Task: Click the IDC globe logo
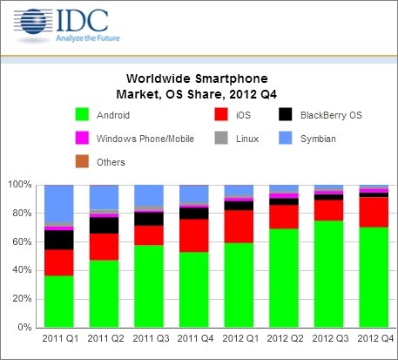tap(33, 22)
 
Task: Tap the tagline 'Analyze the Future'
tap(88, 38)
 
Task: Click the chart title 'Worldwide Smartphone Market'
tap(197, 86)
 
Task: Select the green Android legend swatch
tap(82, 114)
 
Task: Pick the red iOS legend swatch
tap(221, 114)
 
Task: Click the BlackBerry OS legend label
tap(331, 115)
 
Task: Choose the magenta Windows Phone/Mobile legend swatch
tap(82, 138)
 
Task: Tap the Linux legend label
tap(247, 139)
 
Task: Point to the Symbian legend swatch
tap(286, 138)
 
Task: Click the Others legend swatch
tap(82, 161)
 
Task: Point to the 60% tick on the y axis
tap(36, 241)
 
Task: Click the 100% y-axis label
tap(19, 185)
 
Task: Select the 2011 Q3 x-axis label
tap(151, 339)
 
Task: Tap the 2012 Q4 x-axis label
tap(375, 339)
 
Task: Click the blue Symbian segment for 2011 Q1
tap(59, 204)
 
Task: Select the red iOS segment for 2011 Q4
tap(194, 235)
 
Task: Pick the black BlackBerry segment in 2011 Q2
tap(104, 226)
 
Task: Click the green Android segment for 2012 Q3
tap(328, 275)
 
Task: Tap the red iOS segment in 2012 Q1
tap(239, 227)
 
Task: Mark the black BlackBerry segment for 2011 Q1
tap(59, 240)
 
